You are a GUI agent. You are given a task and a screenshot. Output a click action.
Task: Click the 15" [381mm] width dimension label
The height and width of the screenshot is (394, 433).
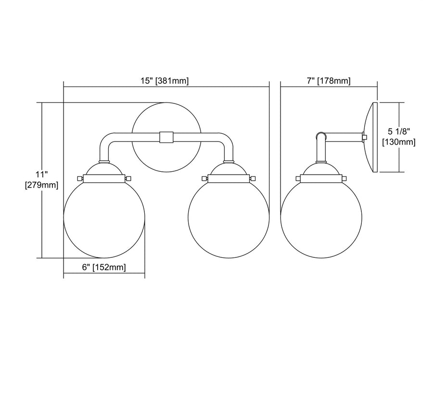tap(165, 81)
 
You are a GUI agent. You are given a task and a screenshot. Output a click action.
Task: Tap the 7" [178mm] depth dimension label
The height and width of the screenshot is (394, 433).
tap(328, 81)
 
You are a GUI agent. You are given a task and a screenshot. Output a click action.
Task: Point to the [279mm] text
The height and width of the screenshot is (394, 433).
tap(42, 185)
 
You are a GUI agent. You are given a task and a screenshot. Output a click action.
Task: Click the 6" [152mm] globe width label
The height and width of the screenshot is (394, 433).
tap(104, 267)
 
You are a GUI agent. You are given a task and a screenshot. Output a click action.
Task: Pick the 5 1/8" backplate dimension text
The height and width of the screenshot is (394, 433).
tap(399, 131)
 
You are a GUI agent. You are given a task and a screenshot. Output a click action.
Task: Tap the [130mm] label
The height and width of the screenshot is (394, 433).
tap(399, 142)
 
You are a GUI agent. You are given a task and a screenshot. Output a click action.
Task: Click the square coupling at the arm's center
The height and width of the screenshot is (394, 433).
tap(166, 138)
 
